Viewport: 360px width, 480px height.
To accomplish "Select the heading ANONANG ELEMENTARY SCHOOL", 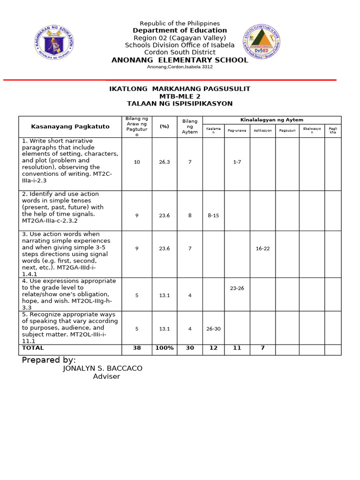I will [180, 60].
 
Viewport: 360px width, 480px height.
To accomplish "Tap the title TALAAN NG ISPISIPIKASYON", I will [180, 104].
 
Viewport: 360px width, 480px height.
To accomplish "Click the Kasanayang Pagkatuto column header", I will [70, 127].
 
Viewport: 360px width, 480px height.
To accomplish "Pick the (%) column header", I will [164, 127].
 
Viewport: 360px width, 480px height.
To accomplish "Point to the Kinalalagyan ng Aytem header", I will [271, 120].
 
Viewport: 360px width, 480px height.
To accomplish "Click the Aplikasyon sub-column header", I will [262, 130].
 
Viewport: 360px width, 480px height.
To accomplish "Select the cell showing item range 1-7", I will [237, 162].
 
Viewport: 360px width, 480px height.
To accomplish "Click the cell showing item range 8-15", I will [213, 216].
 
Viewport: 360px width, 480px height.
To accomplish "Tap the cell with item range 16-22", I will [262, 248].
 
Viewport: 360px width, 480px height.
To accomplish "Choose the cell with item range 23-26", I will [237, 288].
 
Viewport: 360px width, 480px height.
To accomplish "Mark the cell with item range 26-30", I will [213, 329].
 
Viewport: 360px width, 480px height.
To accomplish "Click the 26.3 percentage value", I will [164, 162].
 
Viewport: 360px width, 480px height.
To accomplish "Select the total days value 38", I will [137, 348].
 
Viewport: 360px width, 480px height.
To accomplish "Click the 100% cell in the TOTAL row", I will [164, 348].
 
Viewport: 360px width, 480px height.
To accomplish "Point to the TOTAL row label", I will [33, 348].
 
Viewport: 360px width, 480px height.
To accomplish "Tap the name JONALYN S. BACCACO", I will [102, 368].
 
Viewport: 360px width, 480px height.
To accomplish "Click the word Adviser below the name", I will [106, 376].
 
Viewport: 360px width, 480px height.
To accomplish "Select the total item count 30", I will [190, 348].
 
